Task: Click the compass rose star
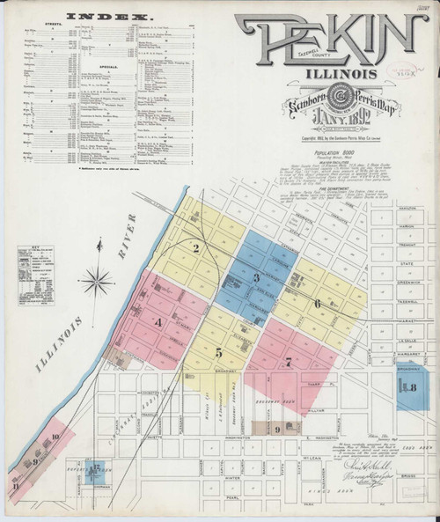coord(99,283)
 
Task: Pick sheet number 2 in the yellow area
coord(198,248)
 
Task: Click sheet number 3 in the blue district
coord(256,278)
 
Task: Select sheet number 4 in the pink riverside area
coord(158,322)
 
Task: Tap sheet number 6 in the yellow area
coord(317,303)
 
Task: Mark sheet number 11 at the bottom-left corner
coord(15,483)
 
